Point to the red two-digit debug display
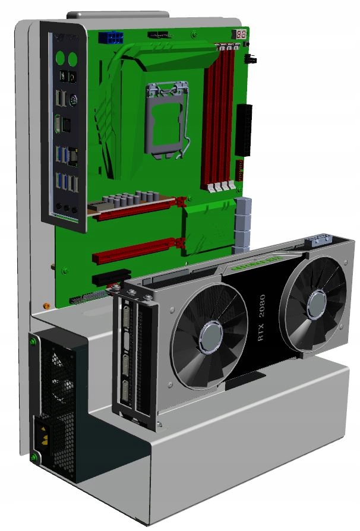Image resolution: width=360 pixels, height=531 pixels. pyautogui.click(x=241, y=34)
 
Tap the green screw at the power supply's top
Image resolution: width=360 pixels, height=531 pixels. pyautogui.click(x=34, y=343)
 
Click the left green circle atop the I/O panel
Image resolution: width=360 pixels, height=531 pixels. pyautogui.click(x=59, y=59)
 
